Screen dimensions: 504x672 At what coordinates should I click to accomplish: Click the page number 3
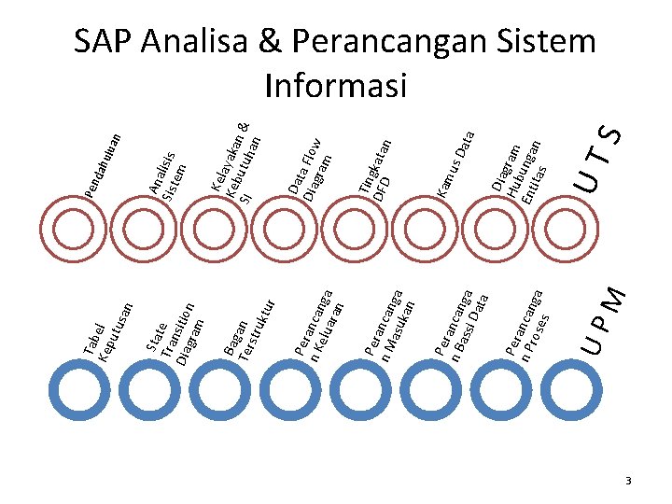[629, 481]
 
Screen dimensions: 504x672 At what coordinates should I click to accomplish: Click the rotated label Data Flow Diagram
[310, 167]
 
